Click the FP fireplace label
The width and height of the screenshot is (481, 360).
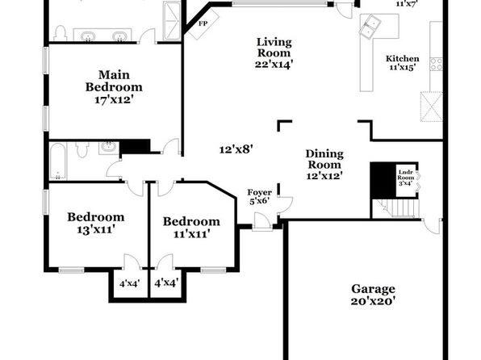[203, 23]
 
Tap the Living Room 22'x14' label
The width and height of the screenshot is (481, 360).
[274, 53]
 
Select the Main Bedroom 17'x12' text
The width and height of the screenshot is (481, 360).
[114, 87]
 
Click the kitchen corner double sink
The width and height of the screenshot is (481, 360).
[370, 25]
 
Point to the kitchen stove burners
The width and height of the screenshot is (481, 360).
[436, 65]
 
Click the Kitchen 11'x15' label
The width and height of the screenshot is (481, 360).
[402, 63]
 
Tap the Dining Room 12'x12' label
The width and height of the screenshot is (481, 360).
[324, 165]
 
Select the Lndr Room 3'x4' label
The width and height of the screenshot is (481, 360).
[405, 178]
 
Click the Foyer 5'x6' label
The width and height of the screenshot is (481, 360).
[260, 197]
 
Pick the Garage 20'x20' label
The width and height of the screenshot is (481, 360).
[373, 295]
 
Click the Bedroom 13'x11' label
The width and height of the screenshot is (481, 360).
[96, 223]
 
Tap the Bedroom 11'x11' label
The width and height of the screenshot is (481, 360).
[191, 228]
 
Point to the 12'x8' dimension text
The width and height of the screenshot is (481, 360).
[236, 149]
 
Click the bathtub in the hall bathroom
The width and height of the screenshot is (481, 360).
[57, 161]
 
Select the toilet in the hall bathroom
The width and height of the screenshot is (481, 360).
[82, 149]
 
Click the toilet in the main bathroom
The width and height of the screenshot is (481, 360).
[61, 33]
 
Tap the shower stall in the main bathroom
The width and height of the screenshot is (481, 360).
[172, 21]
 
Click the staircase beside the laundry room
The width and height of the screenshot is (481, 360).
[395, 209]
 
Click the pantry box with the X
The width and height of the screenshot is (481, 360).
[431, 107]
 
